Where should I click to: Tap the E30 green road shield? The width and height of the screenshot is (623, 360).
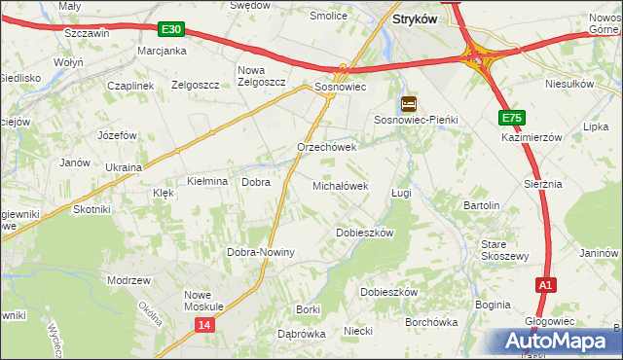170,31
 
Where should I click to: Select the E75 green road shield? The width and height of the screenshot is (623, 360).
513,118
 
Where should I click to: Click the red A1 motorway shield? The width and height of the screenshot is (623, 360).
547,285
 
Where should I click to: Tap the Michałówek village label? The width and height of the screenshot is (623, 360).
340,185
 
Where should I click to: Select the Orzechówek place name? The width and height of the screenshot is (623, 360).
327,148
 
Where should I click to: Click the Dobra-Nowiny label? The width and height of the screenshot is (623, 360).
261,252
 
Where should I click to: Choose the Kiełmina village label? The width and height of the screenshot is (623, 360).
207,182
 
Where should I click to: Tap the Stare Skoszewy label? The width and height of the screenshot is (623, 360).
504,250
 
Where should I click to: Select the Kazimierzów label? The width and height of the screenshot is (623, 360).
532,138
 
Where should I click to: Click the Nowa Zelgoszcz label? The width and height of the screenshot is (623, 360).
262,76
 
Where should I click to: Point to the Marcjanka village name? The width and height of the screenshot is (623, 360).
162,50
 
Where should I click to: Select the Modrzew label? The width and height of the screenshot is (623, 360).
129,280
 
